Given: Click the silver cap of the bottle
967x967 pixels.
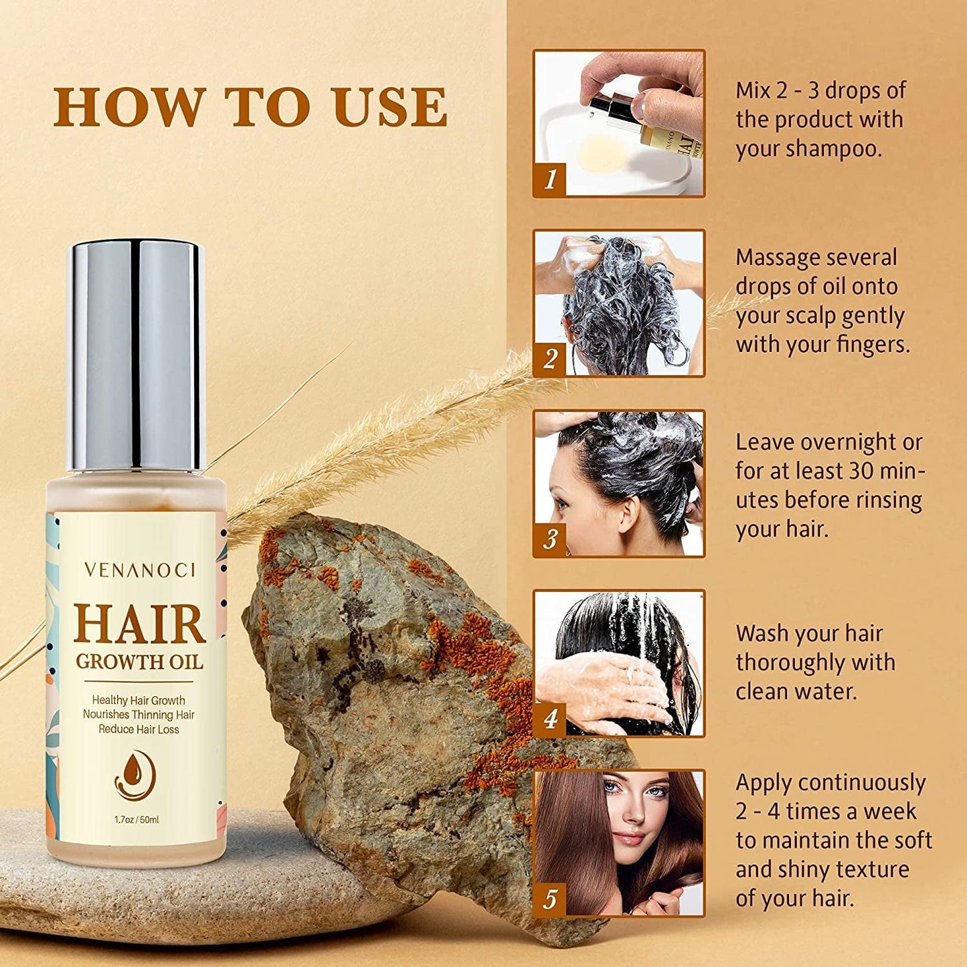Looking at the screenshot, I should [x=136, y=355].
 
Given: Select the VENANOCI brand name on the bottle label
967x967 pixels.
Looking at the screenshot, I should [x=139, y=570].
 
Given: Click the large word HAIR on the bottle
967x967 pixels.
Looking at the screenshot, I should [x=139, y=624].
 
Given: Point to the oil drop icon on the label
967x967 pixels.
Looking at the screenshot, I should [x=135, y=775].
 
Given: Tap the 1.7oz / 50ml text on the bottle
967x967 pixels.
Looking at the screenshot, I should [x=137, y=820].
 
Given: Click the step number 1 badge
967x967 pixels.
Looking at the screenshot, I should [x=550, y=179].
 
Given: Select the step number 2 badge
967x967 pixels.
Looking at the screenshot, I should [x=550, y=359].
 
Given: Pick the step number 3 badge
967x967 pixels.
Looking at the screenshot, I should [x=550, y=539].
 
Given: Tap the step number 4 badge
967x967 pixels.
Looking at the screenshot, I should [x=550, y=719].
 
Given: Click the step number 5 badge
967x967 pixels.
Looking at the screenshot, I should [x=550, y=899].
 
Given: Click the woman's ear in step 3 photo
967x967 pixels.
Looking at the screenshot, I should [x=630, y=515].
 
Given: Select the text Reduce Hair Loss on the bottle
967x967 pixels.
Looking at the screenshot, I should [x=139, y=729].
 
